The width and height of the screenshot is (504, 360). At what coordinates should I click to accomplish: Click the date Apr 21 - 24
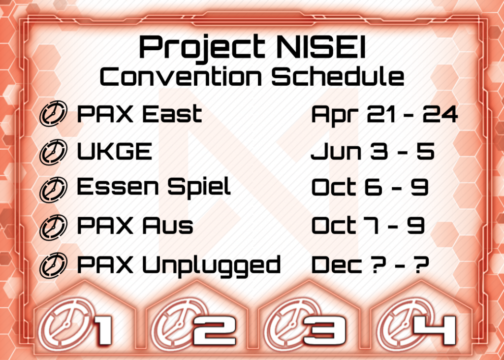point(384,115)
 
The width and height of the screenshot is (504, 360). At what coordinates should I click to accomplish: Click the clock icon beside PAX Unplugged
point(53,265)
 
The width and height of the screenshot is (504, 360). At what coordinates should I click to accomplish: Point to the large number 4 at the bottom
point(435,330)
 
